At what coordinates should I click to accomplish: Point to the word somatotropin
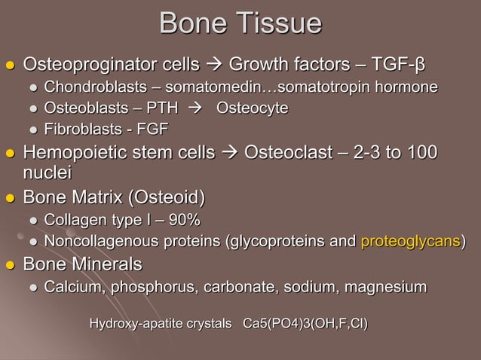pos(338,87)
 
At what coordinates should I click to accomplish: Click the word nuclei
pos(47,174)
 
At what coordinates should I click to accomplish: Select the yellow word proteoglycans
pos(410,241)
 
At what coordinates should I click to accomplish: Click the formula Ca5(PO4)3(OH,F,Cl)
pos(305,325)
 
